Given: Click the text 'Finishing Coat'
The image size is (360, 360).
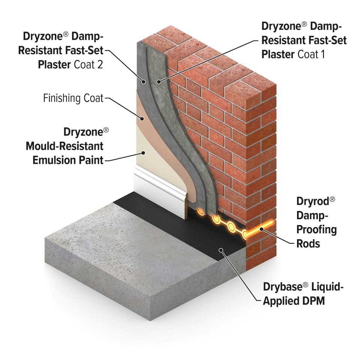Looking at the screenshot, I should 73,98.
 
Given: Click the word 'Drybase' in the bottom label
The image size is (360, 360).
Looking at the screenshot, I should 285,287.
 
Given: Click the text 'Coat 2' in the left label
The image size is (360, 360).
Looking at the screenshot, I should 87,64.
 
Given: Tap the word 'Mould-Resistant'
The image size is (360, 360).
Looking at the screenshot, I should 64,146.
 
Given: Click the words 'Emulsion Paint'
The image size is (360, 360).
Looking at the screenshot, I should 67,160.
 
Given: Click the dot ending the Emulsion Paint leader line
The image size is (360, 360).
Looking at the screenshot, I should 143,152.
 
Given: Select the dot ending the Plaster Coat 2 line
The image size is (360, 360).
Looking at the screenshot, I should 143,81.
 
